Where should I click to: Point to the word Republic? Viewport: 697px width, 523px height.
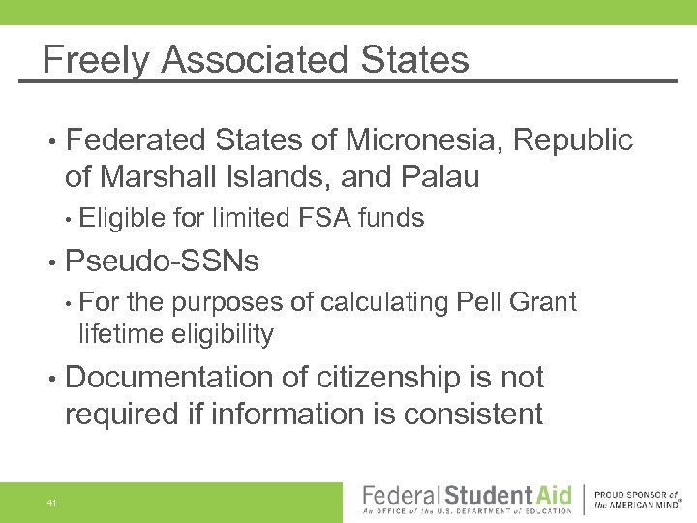click(x=573, y=140)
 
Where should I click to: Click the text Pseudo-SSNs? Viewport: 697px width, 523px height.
click(x=162, y=261)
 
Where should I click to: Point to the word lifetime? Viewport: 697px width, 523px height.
click(x=120, y=335)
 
